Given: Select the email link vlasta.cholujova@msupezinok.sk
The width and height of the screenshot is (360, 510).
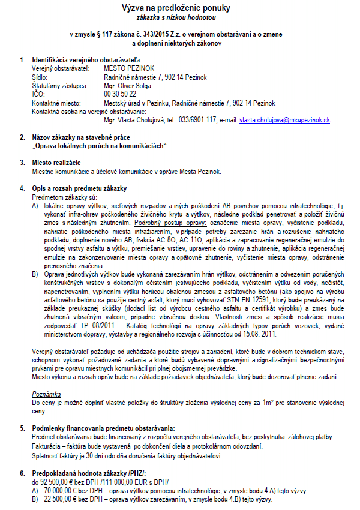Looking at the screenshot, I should (x=284, y=120).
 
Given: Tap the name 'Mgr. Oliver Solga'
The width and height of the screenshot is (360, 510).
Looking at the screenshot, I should (x=127, y=86).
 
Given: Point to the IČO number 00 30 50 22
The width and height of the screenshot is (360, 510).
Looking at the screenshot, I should (x=120, y=94).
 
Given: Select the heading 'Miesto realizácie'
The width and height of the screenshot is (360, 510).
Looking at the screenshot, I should (x=57, y=163).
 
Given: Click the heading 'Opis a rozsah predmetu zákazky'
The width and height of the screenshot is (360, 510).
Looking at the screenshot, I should (x=79, y=188).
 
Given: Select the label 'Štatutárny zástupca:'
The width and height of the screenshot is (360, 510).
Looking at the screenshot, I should (x=59, y=86).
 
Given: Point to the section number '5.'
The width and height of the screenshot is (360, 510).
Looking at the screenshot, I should (x=23, y=428).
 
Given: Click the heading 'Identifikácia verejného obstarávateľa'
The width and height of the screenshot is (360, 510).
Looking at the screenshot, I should (x=86, y=60).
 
